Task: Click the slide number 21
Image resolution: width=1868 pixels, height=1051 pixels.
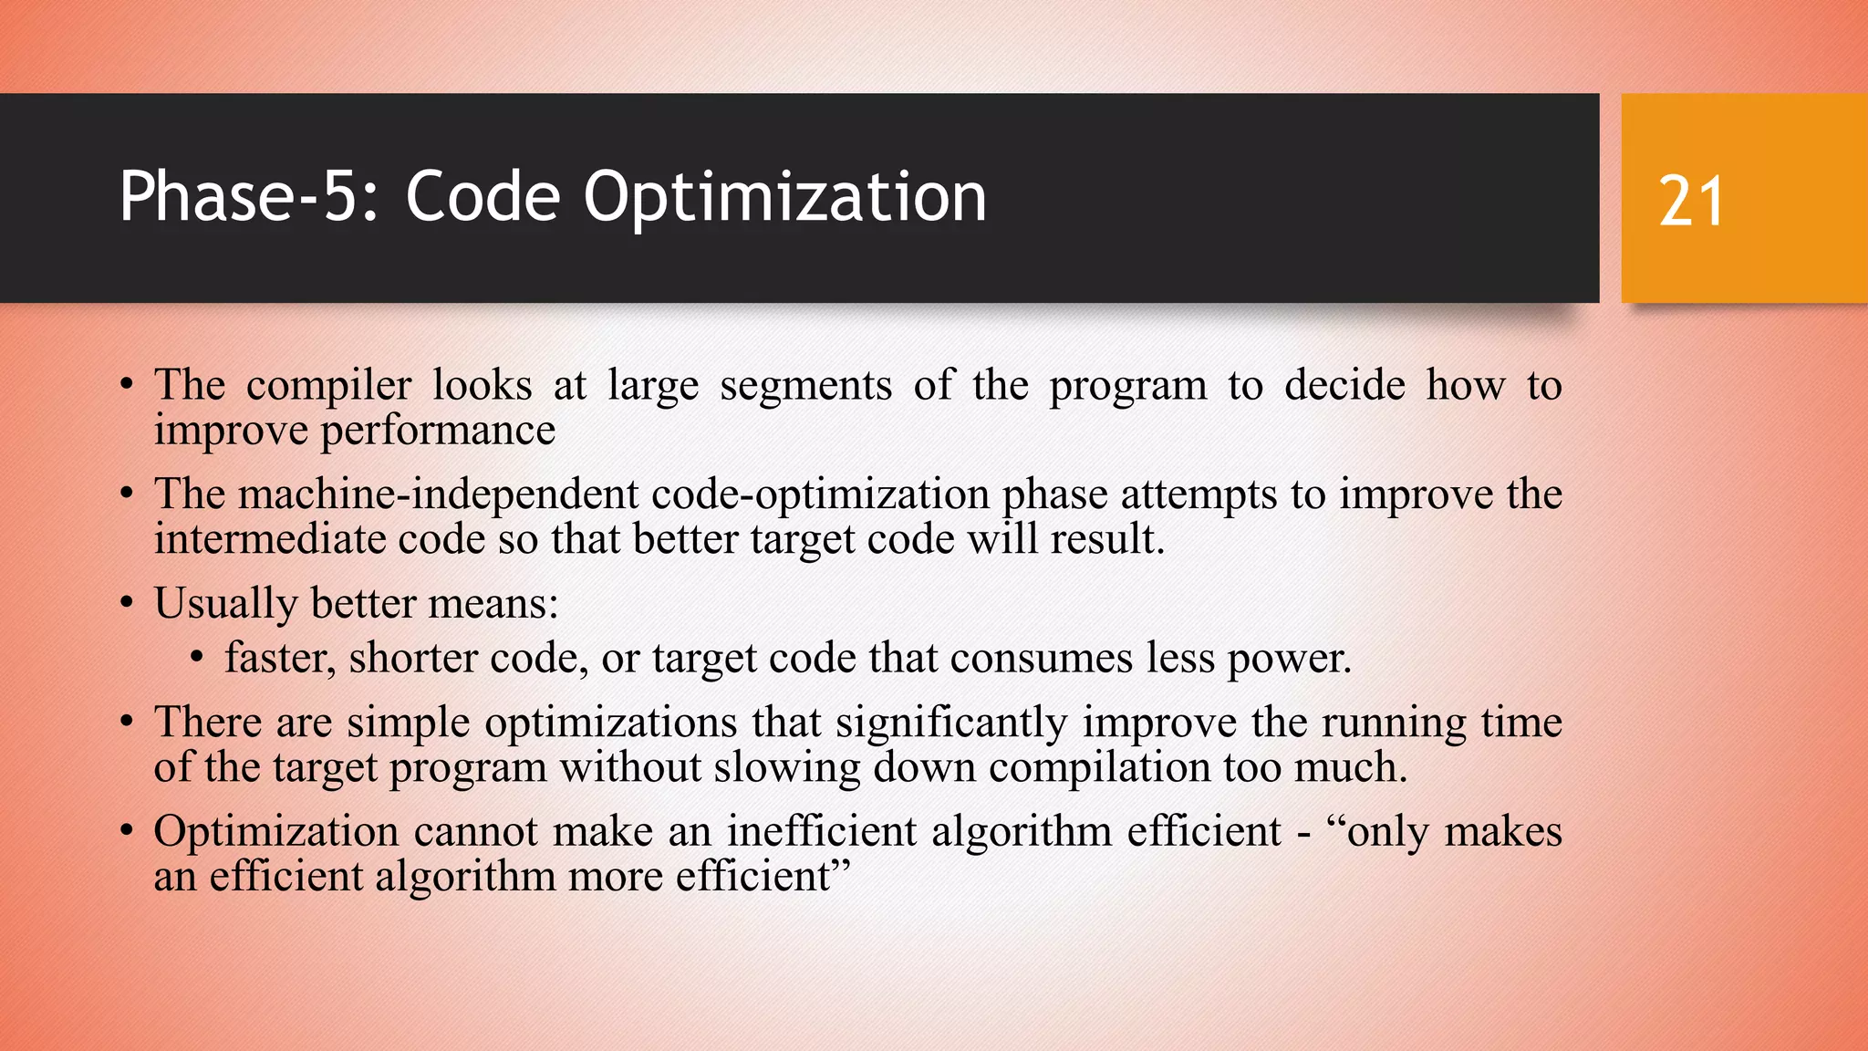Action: coord(1691,202)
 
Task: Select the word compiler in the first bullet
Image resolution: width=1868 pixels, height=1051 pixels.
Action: coord(328,386)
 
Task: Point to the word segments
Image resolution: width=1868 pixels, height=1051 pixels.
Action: coord(805,386)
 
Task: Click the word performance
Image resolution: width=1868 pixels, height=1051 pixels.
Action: coord(438,431)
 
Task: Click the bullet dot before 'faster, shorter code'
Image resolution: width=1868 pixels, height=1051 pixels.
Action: coord(198,658)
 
